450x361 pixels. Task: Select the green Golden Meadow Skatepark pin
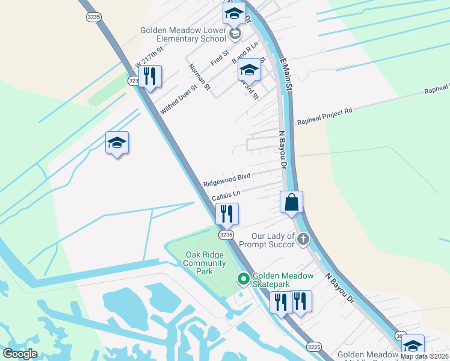pyautogui.click(x=243, y=279)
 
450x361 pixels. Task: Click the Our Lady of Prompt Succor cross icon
pyautogui.click(x=303, y=240)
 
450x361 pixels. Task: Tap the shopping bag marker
pyautogui.click(x=291, y=203)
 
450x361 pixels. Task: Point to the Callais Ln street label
pyautogui.click(x=226, y=196)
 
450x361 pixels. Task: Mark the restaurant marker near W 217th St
pyautogui.click(x=149, y=76)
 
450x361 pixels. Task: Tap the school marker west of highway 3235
pyautogui.click(x=117, y=143)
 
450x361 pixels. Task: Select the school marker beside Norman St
pyautogui.click(x=249, y=72)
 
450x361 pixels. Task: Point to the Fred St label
pyautogui.click(x=220, y=58)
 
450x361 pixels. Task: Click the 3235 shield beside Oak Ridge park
pyautogui.click(x=226, y=235)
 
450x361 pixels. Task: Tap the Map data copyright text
pyautogui.click(x=424, y=356)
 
